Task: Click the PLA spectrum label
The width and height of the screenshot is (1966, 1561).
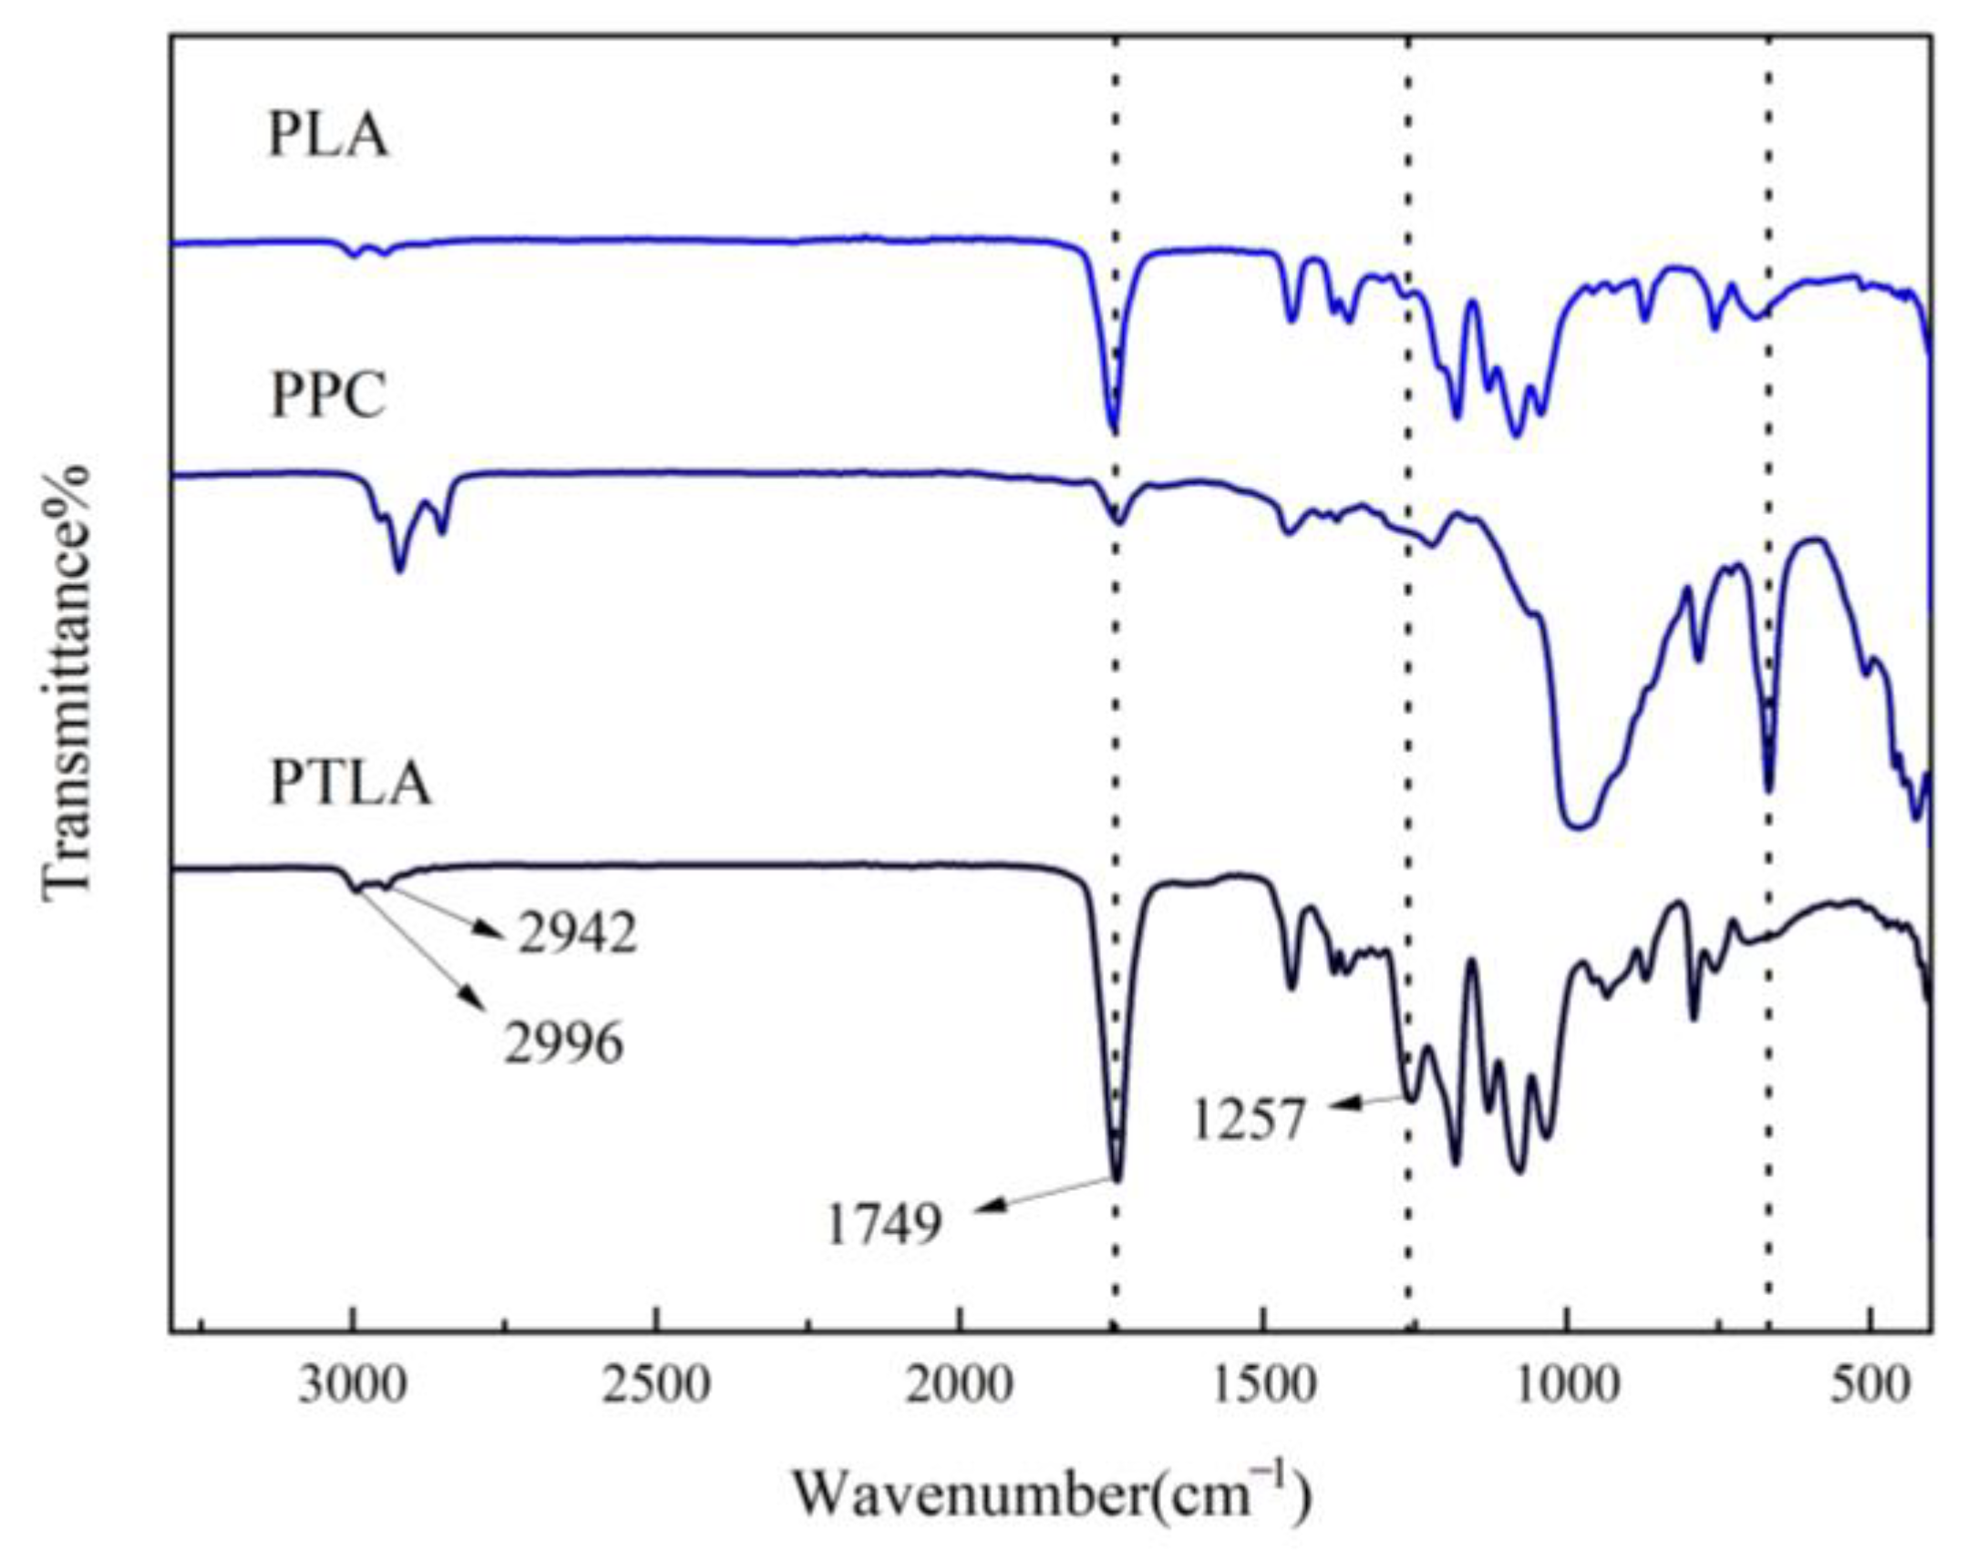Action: point(328,138)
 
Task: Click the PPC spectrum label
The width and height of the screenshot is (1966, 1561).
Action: point(328,397)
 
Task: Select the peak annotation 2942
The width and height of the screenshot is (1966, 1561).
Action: point(577,934)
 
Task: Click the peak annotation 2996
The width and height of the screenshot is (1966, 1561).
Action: point(563,1043)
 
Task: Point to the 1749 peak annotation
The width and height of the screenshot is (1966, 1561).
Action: point(882,1224)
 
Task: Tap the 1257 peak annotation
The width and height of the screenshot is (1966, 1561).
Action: point(1249,1120)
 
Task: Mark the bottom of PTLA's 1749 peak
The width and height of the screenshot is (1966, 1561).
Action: point(1117,1179)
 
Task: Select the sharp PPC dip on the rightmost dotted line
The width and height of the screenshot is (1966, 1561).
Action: point(1769,790)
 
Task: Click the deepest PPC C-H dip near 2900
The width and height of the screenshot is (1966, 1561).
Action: point(398,570)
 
